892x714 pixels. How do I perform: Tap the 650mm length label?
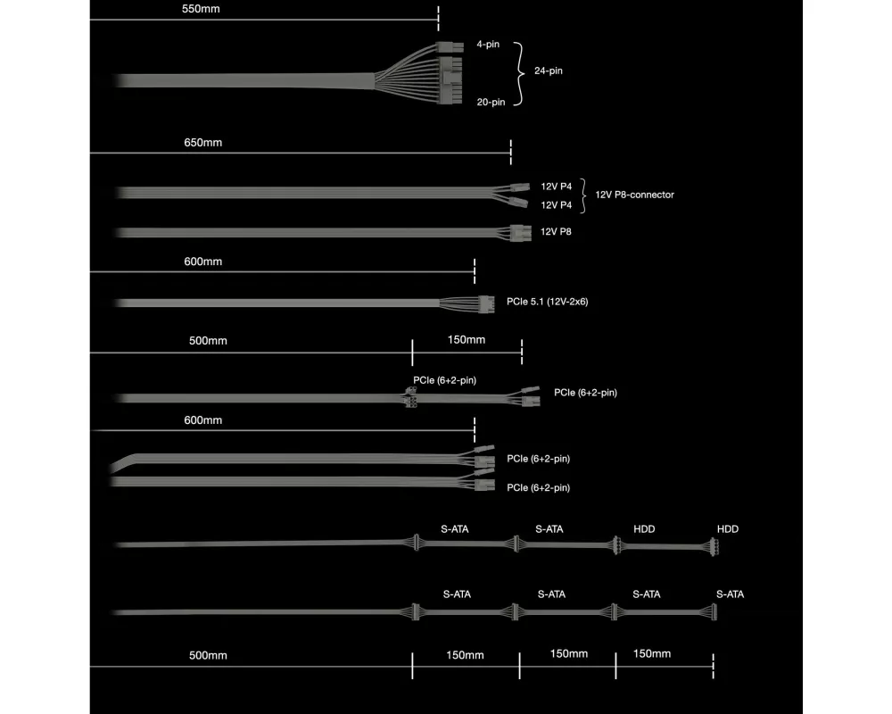point(201,143)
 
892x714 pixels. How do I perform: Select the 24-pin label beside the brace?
point(549,71)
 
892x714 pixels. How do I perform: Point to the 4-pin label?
point(488,44)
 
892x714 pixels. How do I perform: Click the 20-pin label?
point(491,102)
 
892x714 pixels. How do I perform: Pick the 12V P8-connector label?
point(634,195)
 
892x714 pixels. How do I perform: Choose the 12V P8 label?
point(556,232)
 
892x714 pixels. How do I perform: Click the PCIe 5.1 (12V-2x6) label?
point(547,302)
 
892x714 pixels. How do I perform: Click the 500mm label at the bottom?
point(208,656)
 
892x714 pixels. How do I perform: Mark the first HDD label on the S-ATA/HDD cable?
point(644,529)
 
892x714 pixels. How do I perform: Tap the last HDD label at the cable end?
point(728,529)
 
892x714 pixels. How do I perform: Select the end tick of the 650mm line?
point(510,152)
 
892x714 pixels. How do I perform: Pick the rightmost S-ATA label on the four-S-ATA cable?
point(730,594)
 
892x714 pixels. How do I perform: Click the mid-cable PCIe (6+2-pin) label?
point(444,380)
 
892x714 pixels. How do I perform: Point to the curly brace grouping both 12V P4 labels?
point(584,195)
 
